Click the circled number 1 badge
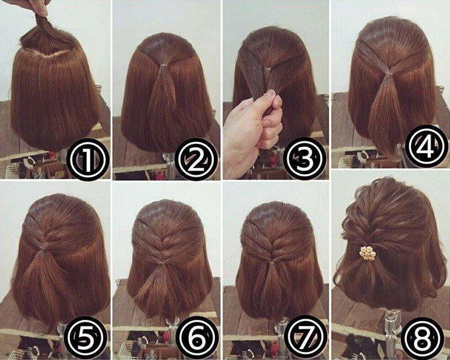(88, 160)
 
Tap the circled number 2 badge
(196, 160)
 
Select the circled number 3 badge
(304, 160)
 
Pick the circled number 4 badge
(427, 146)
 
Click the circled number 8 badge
(423, 339)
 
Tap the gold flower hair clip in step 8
(367, 253)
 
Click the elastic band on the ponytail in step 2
(163, 66)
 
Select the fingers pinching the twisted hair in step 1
(39, 7)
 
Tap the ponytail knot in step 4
(388, 74)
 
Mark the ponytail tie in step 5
(43, 247)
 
